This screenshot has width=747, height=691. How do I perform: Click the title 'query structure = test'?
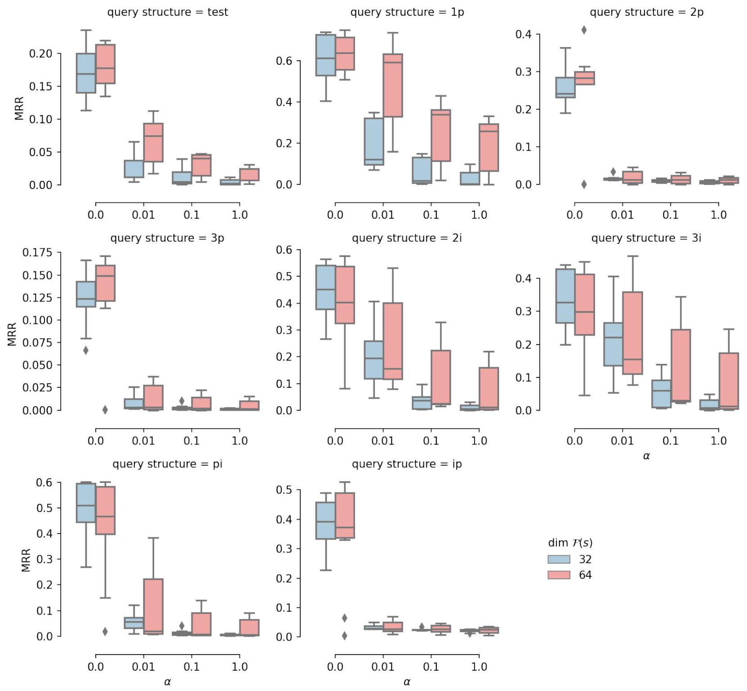(167, 12)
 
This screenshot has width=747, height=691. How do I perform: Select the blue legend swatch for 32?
(559, 559)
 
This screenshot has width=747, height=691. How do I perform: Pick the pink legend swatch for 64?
(559, 575)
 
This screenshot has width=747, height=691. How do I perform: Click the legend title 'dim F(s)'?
(570, 543)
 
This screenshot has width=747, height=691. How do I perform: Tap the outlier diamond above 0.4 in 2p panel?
(584, 30)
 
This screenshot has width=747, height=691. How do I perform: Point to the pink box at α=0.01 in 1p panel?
(392, 85)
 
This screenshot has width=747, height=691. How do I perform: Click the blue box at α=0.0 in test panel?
(86, 73)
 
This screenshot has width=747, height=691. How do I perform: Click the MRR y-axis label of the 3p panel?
(12, 334)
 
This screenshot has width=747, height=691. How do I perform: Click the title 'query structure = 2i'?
(407, 238)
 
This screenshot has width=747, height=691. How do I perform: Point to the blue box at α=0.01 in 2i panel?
(373, 360)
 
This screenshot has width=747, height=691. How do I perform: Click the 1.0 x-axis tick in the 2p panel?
(718, 215)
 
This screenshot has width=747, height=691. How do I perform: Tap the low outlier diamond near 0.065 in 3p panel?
(86, 350)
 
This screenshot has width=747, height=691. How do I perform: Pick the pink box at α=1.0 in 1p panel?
(489, 148)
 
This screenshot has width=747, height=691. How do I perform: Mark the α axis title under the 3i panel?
(646, 456)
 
